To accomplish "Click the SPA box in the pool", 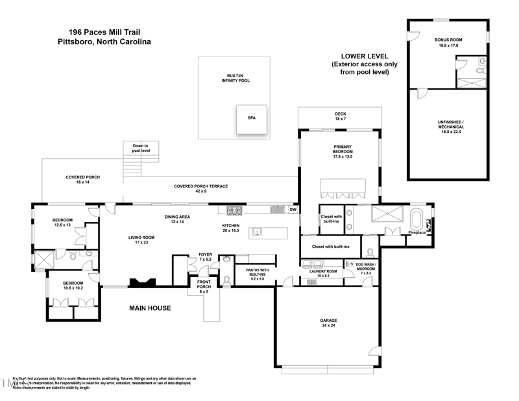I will point(252,119).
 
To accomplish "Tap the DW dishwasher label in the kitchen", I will point(293,209).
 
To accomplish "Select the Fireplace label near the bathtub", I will point(415,232).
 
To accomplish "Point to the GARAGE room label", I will point(329,321).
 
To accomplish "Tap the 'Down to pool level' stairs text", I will point(141,149).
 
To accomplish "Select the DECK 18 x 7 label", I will point(340,116).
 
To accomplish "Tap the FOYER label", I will point(205,256).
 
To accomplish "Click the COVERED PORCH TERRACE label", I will point(200,187).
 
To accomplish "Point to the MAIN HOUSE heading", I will point(149,308).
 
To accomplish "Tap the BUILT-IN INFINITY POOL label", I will point(234,78).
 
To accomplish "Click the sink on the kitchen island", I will point(258,230).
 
